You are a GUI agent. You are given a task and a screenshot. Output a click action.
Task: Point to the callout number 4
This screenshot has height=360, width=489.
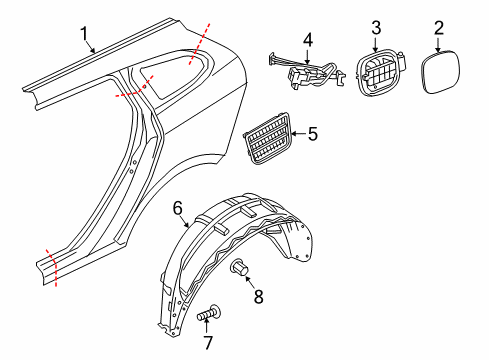tap(308, 41)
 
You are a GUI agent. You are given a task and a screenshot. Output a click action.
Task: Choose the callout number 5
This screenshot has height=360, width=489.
tap(312, 133)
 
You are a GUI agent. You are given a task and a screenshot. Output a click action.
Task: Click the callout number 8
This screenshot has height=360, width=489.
tap(258, 296)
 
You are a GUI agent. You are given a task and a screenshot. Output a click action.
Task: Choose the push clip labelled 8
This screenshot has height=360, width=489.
tap(240, 268)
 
